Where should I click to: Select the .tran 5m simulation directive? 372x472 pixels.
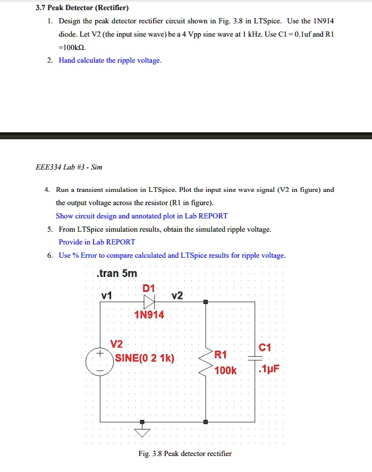117,274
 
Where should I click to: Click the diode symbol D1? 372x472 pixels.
149,301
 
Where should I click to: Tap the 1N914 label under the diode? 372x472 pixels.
149,315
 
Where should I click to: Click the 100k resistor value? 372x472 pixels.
225,370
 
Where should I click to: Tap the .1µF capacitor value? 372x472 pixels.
268,370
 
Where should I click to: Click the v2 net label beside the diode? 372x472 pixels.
177,296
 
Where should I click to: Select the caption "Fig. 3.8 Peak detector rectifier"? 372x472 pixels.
185,453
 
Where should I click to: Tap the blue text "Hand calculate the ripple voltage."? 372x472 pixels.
110,60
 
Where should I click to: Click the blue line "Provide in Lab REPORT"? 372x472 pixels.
97,242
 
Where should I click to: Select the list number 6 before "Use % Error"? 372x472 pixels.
49,255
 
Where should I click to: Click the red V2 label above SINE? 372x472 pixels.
116,344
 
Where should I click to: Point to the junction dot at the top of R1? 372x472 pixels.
206,301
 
